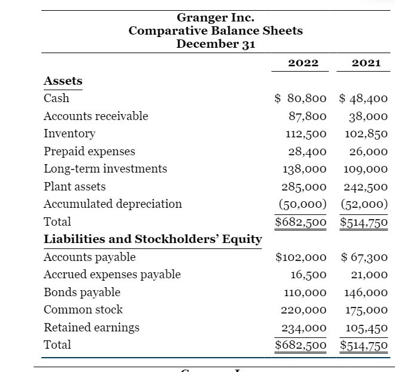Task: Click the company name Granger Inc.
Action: tap(216, 18)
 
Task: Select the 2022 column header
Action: tap(303, 63)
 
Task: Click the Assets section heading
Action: tap(63, 81)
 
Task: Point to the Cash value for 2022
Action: tap(301, 99)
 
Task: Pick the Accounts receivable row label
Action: tap(96, 116)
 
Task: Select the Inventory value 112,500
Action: tap(304, 134)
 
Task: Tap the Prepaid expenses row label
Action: tap(90, 151)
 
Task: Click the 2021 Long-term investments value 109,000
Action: tap(365, 169)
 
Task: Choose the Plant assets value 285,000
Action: tap(304, 186)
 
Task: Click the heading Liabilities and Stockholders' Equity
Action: tap(153, 239)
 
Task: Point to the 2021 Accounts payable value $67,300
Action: tap(364, 257)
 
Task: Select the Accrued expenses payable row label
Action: tap(112, 275)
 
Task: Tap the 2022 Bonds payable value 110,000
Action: tap(304, 293)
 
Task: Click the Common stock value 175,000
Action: tap(365, 310)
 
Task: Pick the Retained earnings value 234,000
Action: tap(304, 328)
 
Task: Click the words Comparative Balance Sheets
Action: tap(216, 30)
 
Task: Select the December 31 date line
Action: tap(216, 44)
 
